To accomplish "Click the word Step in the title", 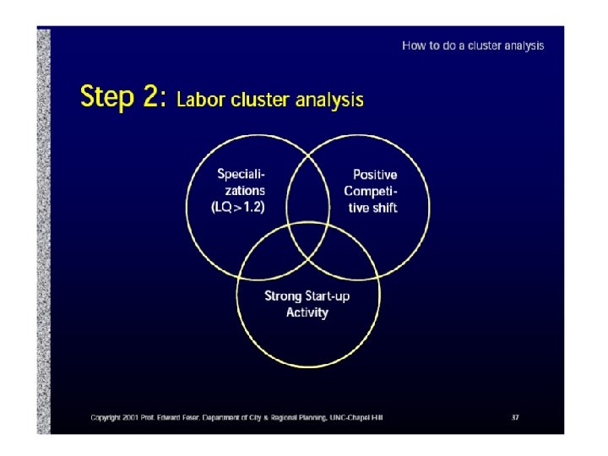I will [x=106, y=97].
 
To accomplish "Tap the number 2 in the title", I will [x=153, y=97].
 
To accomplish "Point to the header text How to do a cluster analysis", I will [x=473, y=46].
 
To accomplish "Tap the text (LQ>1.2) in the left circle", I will [x=237, y=207].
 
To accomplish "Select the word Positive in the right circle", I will [x=375, y=175].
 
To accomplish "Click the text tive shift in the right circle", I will [x=372, y=207].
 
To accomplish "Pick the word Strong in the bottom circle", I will [x=283, y=296].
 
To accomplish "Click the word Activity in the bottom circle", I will [x=307, y=312].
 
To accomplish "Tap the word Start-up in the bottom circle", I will [x=328, y=296].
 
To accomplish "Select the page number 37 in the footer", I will [x=514, y=417].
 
